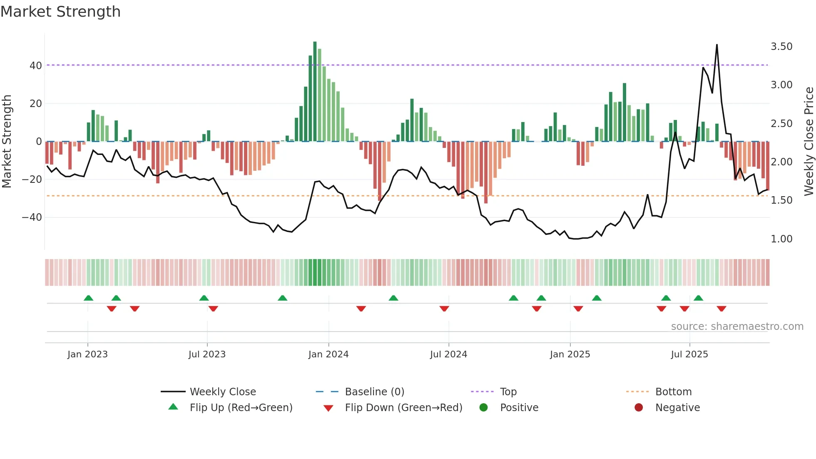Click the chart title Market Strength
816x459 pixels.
pos(60,12)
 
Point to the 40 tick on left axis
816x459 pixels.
pos(36,65)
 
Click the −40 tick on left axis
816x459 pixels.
pos(32,217)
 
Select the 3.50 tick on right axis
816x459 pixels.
pos(781,47)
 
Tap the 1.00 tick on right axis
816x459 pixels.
pos(781,239)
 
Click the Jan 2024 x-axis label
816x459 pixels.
pos(328,354)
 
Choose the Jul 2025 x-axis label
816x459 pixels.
pos(689,354)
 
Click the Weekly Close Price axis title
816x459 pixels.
pos(809,142)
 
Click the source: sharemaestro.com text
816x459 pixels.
pos(737,327)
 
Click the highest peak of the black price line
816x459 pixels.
pos(716,45)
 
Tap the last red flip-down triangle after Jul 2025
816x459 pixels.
pos(721,309)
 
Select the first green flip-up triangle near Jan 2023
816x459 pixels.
pos(88,298)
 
